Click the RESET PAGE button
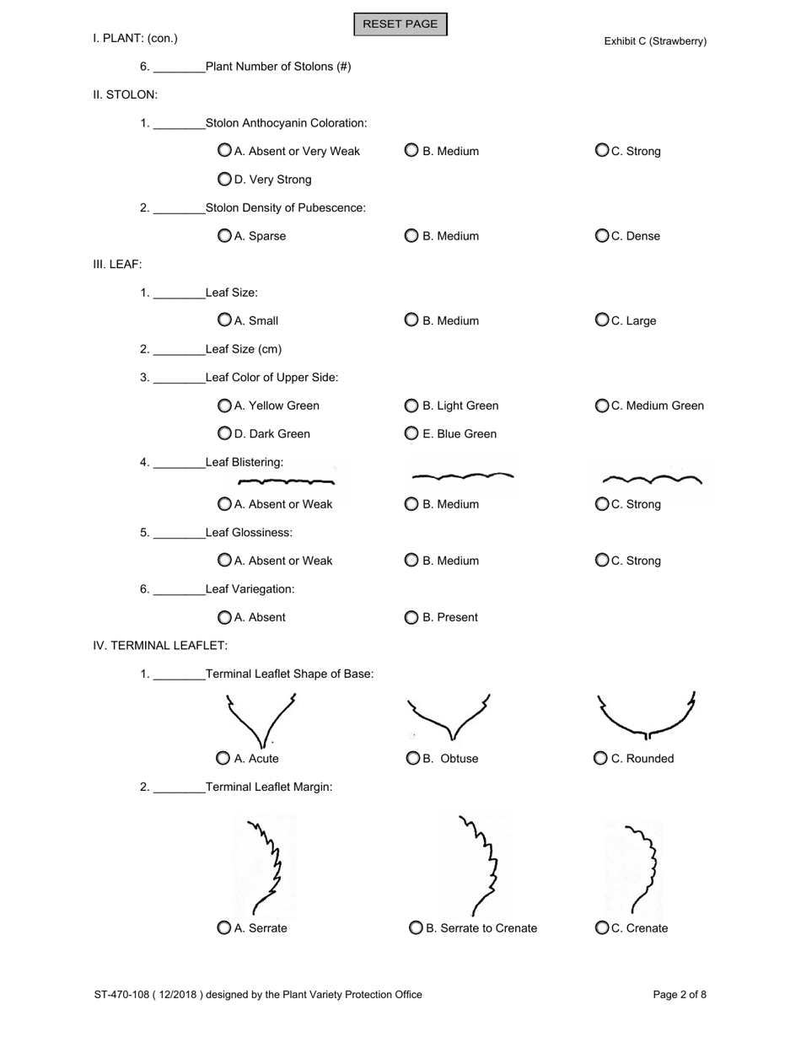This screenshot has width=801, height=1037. pyautogui.click(x=400, y=24)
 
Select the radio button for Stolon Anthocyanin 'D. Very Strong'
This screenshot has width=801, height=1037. pyautogui.click(x=224, y=179)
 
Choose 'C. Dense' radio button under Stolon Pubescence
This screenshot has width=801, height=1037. pyautogui.click(x=602, y=236)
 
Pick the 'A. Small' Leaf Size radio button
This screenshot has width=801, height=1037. pyautogui.click(x=224, y=320)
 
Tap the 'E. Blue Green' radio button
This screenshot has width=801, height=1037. pyautogui.click(x=411, y=433)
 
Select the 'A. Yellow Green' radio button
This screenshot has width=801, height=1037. pyautogui.click(x=224, y=406)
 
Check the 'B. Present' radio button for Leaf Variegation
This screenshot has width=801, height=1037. pyautogui.click(x=411, y=617)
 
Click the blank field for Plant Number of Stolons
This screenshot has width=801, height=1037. pyautogui.click(x=180, y=67)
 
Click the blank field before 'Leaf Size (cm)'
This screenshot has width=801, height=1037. pyautogui.click(x=180, y=349)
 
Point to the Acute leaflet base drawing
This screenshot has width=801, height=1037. pyautogui.click(x=261, y=721)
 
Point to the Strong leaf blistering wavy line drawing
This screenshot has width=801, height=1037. pyautogui.click(x=653, y=481)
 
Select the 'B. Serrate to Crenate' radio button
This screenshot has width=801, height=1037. pyautogui.click(x=417, y=928)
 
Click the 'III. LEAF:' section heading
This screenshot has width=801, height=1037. pyautogui.click(x=117, y=264)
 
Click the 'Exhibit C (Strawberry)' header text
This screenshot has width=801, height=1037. pyautogui.click(x=655, y=41)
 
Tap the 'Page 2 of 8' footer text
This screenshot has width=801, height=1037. pyautogui.click(x=680, y=995)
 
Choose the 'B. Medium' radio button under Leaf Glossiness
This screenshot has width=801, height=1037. pyautogui.click(x=411, y=561)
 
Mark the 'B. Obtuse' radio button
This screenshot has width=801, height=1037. pyautogui.click(x=413, y=759)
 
